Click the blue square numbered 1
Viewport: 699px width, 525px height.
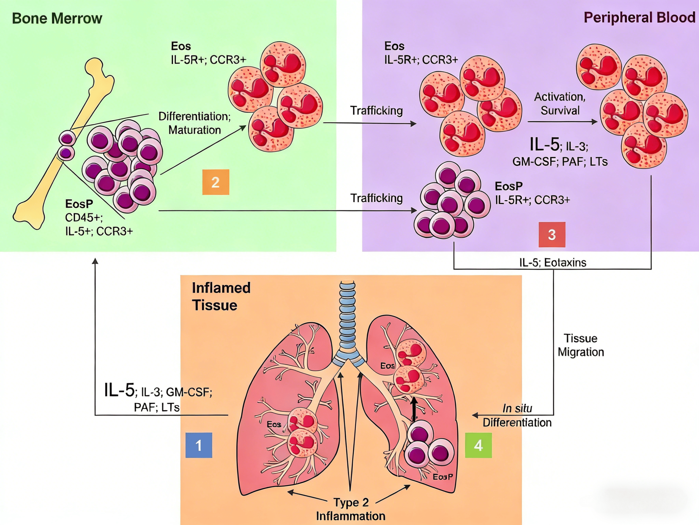[x=198, y=445]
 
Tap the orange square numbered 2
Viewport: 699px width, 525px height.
[x=216, y=182]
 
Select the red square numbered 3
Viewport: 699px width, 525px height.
[x=552, y=235]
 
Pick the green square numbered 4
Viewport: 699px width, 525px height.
[x=478, y=445]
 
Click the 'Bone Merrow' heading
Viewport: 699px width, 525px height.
[x=57, y=18]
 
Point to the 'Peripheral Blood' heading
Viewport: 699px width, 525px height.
[x=639, y=18]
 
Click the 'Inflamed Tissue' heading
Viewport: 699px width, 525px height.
[x=221, y=296]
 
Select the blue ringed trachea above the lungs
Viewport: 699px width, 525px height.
[x=347, y=320]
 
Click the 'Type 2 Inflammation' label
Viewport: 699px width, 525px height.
[x=351, y=509]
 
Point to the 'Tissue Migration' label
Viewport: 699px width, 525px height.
[x=580, y=345]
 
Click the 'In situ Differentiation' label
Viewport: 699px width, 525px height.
[x=517, y=415]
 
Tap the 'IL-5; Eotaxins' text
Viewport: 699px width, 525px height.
[x=553, y=263]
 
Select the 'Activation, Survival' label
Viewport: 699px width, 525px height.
[x=560, y=103]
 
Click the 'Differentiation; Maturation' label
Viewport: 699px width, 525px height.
[x=194, y=123]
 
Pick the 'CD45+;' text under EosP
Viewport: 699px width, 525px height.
[x=84, y=218]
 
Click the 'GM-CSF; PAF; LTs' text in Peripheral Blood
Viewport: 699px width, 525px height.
[x=560, y=162]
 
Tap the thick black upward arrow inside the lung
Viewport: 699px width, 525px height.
[x=414, y=409]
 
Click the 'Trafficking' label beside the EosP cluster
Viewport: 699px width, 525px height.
[x=376, y=198]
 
